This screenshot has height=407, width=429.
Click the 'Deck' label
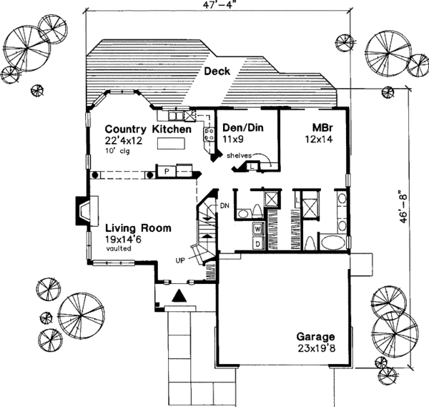tap(217, 72)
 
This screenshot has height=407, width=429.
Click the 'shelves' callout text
tap(240, 155)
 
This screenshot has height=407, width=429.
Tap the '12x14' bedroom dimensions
tap(318, 141)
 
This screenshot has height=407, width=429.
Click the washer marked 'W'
tap(257, 230)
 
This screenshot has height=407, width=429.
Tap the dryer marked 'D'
tap(257, 243)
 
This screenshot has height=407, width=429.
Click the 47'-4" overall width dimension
tap(218, 9)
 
